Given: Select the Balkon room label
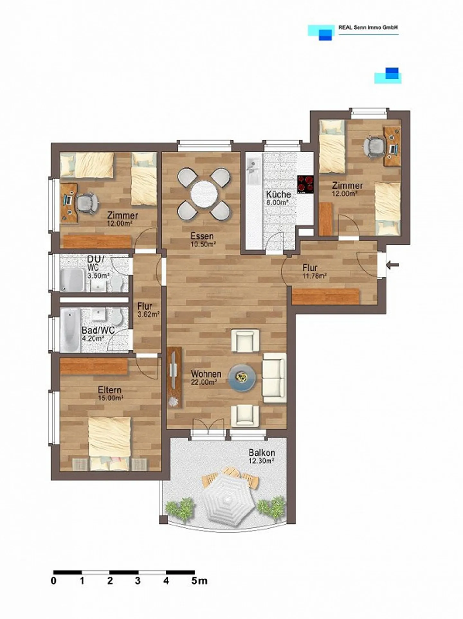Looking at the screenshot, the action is pyautogui.click(x=262, y=453).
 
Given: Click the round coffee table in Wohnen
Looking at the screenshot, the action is pyautogui.click(x=242, y=377).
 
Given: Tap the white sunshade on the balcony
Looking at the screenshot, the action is pyautogui.click(x=228, y=500).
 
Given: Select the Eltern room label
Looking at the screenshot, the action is pyautogui.click(x=110, y=390).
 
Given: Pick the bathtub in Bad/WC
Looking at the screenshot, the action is pyautogui.click(x=70, y=330).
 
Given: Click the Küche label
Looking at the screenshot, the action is pyautogui.click(x=278, y=194).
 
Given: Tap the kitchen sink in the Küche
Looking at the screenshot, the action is pyautogui.click(x=254, y=169).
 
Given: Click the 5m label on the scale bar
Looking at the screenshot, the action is pyautogui.click(x=199, y=581).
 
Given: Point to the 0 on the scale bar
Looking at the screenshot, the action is pyautogui.click(x=54, y=581).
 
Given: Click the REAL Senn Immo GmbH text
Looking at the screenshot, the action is pyautogui.click(x=368, y=28).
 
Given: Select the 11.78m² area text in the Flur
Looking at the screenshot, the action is pyautogui.click(x=315, y=275).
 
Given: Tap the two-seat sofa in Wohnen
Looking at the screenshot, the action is pyautogui.click(x=274, y=378).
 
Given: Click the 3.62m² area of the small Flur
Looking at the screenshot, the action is pyautogui.click(x=149, y=314).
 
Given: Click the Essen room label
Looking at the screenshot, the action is pyautogui.click(x=202, y=236).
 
